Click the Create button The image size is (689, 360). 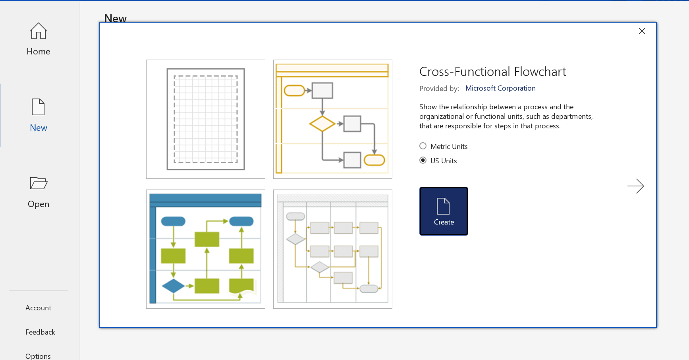[x=444, y=211]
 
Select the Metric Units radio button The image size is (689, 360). [x=423, y=146]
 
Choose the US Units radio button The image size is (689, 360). [x=423, y=161]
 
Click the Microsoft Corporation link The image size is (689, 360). [x=500, y=88]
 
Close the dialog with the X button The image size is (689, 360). [x=642, y=31]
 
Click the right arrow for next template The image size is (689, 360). [x=635, y=186]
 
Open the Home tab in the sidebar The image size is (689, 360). [x=39, y=51]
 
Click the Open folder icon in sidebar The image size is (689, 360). [x=39, y=183]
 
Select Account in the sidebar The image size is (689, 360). [x=38, y=308]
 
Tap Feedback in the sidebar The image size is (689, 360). [x=40, y=332]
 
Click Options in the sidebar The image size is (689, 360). [x=38, y=356]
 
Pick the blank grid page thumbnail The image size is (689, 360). [x=206, y=119]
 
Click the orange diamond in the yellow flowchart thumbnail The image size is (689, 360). [x=322, y=124]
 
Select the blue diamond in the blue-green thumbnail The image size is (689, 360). [x=173, y=286]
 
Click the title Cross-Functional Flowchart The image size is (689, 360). [x=492, y=72]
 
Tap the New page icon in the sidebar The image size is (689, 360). [x=39, y=107]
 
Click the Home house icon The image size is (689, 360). [x=39, y=31]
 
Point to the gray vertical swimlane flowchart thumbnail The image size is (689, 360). [x=333, y=249]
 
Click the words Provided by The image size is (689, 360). [x=439, y=89]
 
